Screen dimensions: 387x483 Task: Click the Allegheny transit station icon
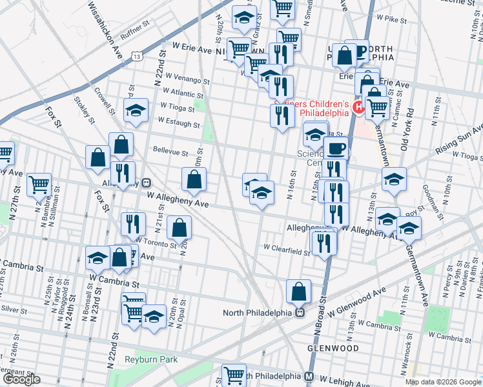pyautogui.click(x=147, y=183)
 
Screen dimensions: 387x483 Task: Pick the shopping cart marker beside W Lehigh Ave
pyautogui.click(x=234, y=375)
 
